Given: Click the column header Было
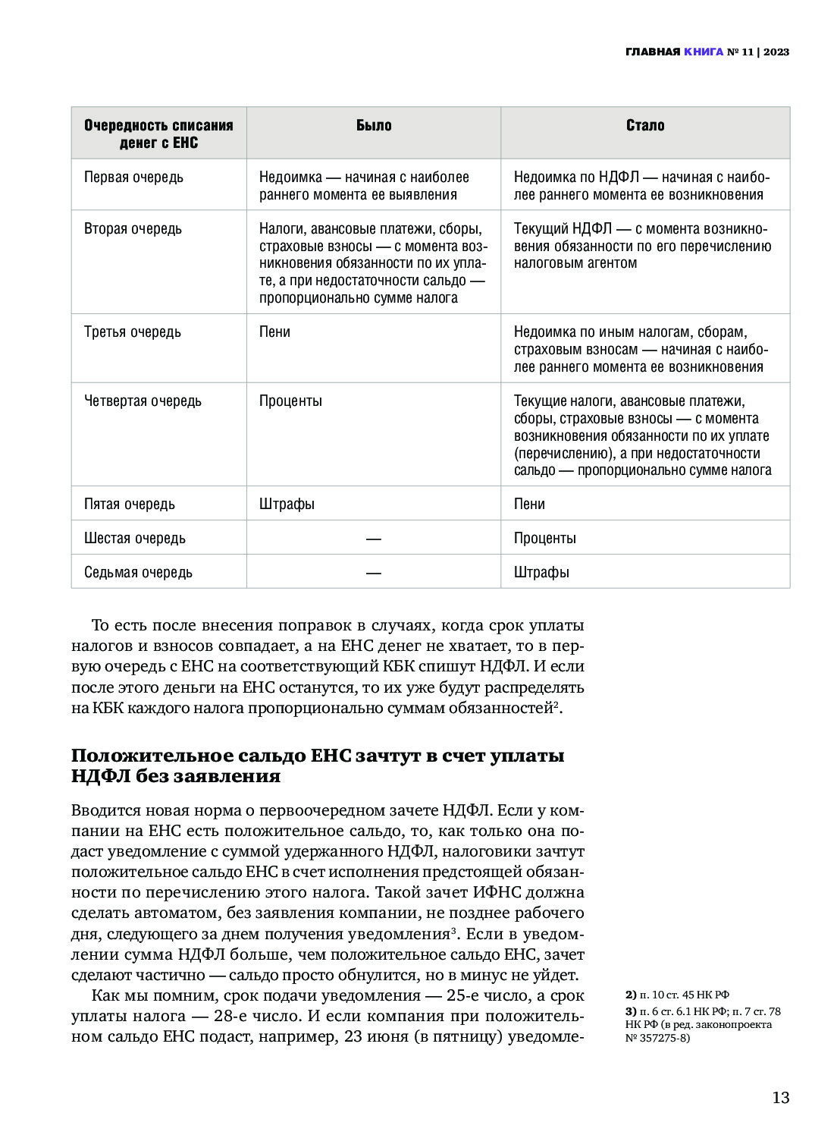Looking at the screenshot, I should coord(374,126).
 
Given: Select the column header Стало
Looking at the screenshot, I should coord(645,126).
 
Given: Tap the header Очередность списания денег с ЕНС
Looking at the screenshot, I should coord(158,134).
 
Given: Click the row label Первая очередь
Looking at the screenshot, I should coord(133,178).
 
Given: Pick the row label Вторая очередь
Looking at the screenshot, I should coord(133,229).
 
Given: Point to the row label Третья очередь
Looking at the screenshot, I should coord(133,332).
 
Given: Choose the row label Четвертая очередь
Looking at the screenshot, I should coord(143,401).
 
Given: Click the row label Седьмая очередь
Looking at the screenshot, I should coord(138,573).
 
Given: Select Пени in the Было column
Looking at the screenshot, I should coord(274,332).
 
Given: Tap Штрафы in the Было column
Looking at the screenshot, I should coord(287,505).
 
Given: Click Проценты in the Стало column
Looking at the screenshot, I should coord(544,539).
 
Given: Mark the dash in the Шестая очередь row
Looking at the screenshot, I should coord(373,539).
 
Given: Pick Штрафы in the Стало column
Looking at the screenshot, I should coord(541,573).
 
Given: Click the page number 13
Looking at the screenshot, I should coord(780,1098).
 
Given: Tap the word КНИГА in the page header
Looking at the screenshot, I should coord(704,52).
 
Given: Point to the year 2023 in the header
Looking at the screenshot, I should coord(776,52).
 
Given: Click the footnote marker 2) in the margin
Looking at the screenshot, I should coord(631,995).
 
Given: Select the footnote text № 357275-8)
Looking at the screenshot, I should coord(657,1038).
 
